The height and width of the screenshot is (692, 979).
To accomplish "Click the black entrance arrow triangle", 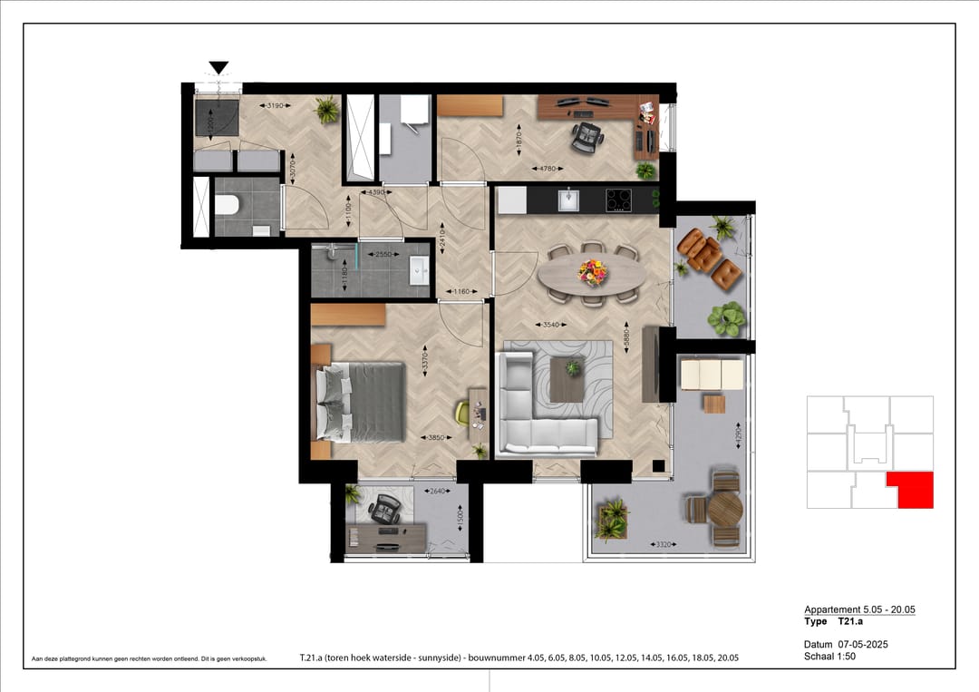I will coord(218,67).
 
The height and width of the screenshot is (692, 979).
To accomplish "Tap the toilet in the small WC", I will coord(228,206).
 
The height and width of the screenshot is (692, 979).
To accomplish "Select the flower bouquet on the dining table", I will coord(592,269).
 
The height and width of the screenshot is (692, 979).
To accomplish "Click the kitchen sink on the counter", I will coord(568,199).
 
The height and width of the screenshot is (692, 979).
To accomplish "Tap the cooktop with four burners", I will coord(619,199).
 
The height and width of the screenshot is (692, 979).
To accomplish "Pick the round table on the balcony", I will coord(724,510).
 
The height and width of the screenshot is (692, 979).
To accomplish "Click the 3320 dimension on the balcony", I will coord(664,544).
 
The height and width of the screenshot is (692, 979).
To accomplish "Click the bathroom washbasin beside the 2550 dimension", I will coord(419,269).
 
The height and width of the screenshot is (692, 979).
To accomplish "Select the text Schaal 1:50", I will coord(829,656).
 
